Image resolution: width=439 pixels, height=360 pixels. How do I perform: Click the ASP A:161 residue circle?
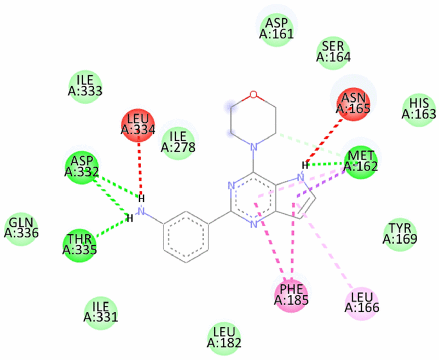tap(277, 28)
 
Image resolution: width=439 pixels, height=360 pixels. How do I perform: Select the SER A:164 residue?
tap(333, 51)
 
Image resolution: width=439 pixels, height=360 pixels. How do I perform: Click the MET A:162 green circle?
tap(359, 161)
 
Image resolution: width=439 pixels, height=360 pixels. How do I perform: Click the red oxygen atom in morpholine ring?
tap(252, 94)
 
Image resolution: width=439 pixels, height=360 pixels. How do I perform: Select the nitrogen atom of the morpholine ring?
tap(252, 147)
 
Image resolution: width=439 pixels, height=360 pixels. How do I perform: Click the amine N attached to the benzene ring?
tap(141, 210)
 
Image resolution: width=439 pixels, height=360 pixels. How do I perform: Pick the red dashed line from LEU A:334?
tap(140, 164)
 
